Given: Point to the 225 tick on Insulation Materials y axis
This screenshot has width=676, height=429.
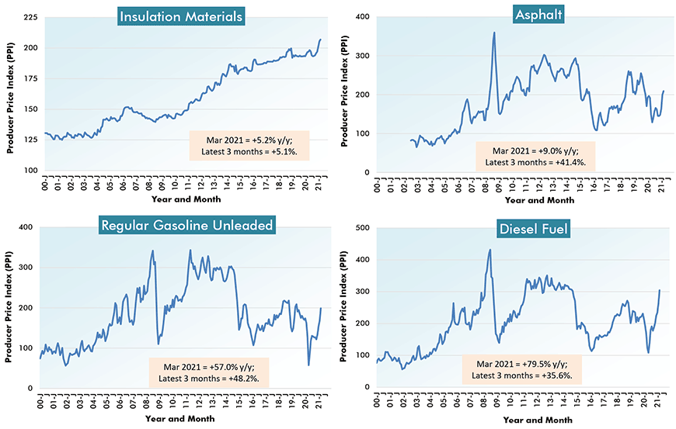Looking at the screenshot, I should (x=31, y=17).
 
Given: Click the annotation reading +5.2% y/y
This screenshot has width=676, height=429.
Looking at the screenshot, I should (x=249, y=145).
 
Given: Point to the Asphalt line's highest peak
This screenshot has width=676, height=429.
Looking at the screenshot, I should (x=494, y=33).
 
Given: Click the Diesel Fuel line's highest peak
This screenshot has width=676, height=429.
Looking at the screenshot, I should (x=490, y=250).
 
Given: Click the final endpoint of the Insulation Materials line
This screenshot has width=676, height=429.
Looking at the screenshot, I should (x=320, y=40).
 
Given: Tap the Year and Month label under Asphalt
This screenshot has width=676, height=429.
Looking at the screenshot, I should (x=539, y=200).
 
